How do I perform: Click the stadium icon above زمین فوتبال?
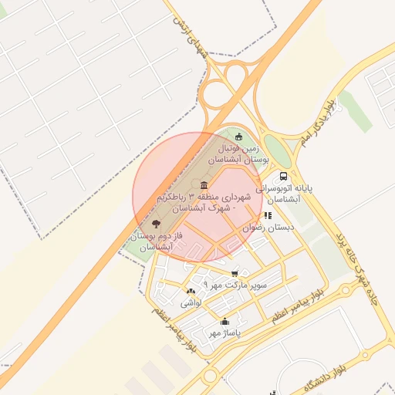point(239,136)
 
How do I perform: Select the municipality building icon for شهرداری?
point(204,185)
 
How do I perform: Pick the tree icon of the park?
point(157,224)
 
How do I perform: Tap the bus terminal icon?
point(285,176)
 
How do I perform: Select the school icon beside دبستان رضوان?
point(268,216)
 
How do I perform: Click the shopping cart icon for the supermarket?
point(235,273)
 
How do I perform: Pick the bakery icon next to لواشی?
point(191,291)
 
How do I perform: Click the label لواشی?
point(191,303)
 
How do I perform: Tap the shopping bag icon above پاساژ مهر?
point(225,322)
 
